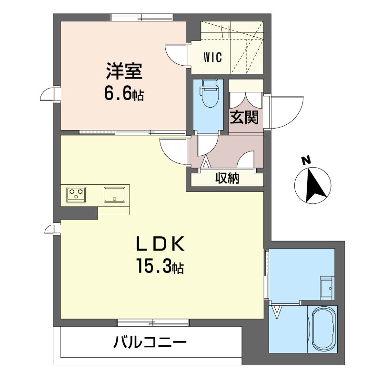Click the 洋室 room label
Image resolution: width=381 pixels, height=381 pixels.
click(123, 72)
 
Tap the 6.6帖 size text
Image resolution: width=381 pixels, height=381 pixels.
click(123, 94)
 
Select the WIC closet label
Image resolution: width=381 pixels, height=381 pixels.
click(212, 58)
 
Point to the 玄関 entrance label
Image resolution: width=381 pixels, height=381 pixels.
click(244, 117)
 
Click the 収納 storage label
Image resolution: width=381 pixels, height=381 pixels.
click(227, 179)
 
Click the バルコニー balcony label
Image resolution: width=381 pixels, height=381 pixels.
click(150, 342)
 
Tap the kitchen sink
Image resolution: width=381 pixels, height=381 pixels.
click(114, 194)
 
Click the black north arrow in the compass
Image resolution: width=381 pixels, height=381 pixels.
click(314, 186)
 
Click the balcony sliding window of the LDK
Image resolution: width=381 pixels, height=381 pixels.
click(152, 322)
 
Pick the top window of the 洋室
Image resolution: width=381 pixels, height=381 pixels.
click(141, 19)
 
